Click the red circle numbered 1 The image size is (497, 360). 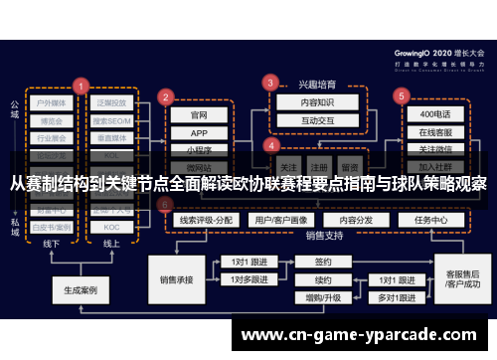click(x=82, y=86)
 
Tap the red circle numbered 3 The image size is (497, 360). click(x=269, y=82)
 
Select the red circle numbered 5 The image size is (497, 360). click(x=401, y=96)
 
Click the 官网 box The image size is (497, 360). click(x=199, y=114)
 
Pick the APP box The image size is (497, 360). click(x=199, y=132)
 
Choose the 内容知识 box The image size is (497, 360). click(x=304, y=101)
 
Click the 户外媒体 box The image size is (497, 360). click(x=53, y=102)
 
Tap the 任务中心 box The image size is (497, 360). click(x=431, y=220)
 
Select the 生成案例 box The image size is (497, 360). click(x=81, y=292)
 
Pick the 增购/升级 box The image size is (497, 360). click(x=323, y=297)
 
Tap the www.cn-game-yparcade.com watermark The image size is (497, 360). click(x=363, y=333)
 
